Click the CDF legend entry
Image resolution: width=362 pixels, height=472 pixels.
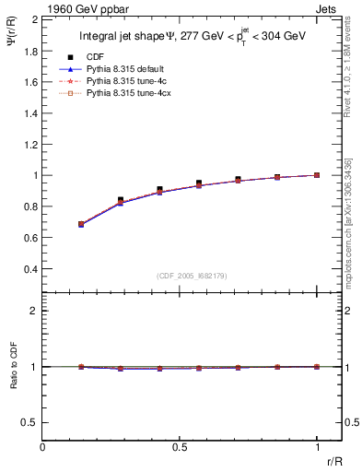point(93,57)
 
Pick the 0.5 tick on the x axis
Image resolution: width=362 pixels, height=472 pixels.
point(181,446)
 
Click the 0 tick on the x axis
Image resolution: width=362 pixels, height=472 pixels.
point(43,446)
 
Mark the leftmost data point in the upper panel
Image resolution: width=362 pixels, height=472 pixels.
point(82,224)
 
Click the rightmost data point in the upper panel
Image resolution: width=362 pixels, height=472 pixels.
point(317,174)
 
